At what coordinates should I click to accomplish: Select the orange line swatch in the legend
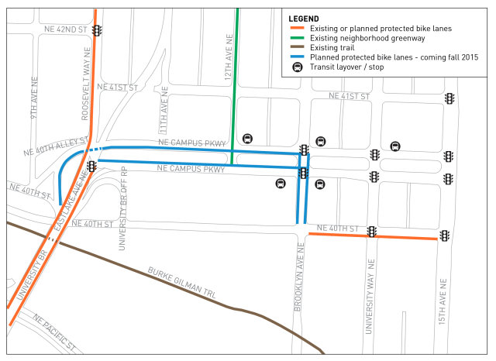296,28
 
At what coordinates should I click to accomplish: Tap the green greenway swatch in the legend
296,38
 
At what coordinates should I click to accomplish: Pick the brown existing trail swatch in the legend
296,48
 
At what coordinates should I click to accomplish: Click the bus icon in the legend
296,67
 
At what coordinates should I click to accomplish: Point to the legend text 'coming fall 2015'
448,57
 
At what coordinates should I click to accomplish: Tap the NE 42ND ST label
66,29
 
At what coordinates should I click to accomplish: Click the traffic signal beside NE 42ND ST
97,30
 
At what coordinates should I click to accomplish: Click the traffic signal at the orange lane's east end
446,236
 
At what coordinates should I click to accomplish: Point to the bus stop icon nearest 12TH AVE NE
247,139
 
